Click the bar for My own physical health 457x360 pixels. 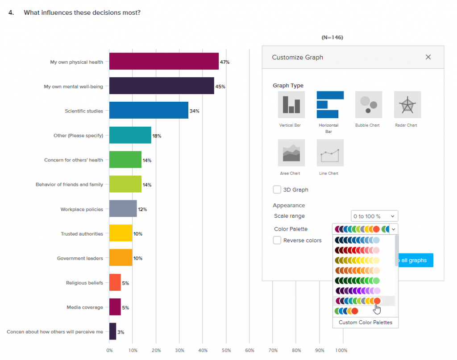point(164,62)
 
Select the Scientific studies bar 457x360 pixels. point(149,111)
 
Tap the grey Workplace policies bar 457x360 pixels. point(123,209)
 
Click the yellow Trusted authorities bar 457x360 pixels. point(120,233)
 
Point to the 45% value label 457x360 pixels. point(220,87)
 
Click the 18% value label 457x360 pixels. point(157,136)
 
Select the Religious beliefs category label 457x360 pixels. point(84,283)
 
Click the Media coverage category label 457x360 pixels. point(85,307)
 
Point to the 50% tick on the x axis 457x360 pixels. point(226,351)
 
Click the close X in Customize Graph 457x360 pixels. point(428,57)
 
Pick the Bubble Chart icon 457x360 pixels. point(368,104)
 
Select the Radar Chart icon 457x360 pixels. point(407,104)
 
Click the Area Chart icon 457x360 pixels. point(291,153)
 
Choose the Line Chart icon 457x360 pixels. point(330,153)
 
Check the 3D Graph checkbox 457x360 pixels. point(277,190)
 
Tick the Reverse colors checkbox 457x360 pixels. point(277,240)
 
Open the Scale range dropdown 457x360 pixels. point(374,216)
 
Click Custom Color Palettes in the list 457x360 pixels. point(365,322)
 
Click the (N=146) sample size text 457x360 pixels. point(332,37)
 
